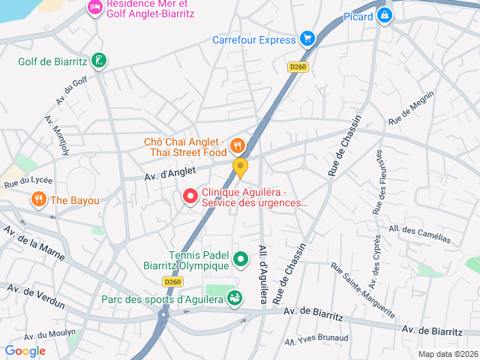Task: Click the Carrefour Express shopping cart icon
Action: [306, 38]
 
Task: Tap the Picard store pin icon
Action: [385, 15]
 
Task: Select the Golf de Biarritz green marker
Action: [98, 61]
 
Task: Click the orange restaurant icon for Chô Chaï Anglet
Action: [238, 145]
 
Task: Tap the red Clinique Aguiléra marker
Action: [190, 196]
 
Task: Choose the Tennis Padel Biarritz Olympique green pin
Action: [241, 260]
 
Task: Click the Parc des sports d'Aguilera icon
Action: [235, 299]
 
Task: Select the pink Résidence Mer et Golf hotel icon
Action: [95, 7]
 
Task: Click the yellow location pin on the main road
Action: [240, 167]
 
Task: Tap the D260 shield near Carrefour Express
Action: [297, 67]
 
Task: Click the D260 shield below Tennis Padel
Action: [172, 282]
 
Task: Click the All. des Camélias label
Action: [419, 234]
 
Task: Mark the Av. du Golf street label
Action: [71, 90]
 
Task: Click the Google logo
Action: [25, 350]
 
